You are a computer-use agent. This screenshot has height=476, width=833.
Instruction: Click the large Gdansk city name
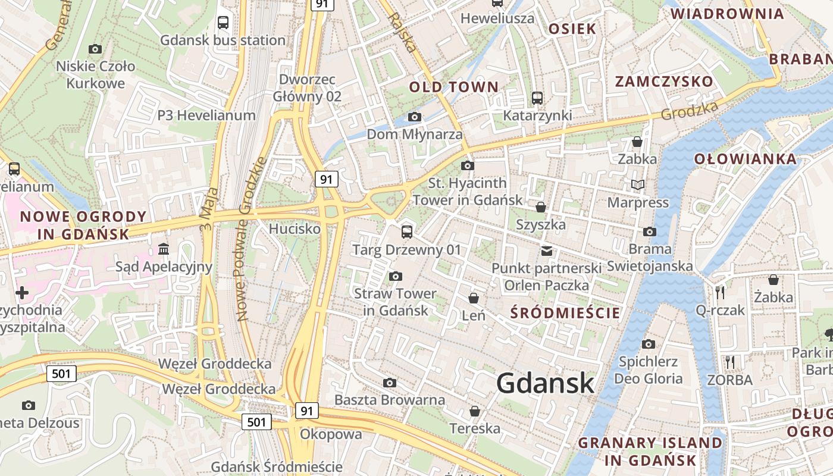[x=545, y=383]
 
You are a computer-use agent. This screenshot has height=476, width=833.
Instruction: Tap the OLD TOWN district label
[x=453, y=87]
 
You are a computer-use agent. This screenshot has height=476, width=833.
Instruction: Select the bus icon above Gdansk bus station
[x=223, y=23]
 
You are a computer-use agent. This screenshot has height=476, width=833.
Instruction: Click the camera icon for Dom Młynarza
[x=415, y=117]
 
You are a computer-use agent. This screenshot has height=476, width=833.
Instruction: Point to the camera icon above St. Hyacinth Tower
[x=468, y=165]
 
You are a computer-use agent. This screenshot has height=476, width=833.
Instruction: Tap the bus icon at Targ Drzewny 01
[x=407, y=231]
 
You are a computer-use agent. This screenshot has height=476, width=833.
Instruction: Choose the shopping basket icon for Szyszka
[x=541, y=207]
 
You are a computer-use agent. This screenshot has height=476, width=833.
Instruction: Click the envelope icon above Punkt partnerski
[x=547, y=250]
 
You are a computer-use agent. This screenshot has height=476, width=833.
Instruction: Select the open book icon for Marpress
[x=638, y=185]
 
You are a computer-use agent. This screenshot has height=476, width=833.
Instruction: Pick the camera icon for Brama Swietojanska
[x=650, y=231]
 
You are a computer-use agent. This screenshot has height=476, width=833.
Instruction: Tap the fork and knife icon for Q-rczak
[x=720, y=292]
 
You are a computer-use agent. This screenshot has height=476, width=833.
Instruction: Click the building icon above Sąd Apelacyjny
[x=164, y=248]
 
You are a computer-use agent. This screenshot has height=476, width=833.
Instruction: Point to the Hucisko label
[x=295, y=228]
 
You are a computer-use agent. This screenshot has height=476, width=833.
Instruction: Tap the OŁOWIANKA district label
[x=746, y=159]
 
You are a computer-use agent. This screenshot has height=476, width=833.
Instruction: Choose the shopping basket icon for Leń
[x=474, y=297]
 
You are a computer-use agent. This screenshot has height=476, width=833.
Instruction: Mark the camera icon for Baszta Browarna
[x=390, y=383]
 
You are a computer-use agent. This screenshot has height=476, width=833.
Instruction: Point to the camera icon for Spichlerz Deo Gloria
[x=649, y=344]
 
